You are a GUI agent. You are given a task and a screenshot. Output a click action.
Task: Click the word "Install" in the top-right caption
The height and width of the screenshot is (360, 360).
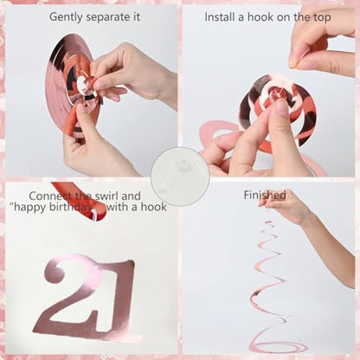[220, 17]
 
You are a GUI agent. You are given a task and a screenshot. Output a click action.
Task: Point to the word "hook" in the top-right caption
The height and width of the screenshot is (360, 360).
[260, 17]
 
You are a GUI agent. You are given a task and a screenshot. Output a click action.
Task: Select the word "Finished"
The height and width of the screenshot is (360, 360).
[265, 195]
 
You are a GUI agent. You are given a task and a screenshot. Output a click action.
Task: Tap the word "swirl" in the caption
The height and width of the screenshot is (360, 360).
[106, 196]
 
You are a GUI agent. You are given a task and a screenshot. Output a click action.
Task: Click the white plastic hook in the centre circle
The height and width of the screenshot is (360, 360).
[180, 177]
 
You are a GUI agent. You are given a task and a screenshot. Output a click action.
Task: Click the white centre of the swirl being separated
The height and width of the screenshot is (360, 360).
[84, 84]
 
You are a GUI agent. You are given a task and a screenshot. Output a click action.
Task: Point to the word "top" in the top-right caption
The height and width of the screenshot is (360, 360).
[321, 18]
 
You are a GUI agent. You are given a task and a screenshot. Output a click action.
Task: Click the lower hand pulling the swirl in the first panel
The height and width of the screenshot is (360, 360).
[93, 145]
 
